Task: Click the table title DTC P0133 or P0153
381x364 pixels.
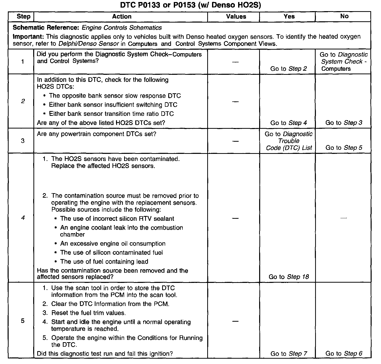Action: [x=190, y=5]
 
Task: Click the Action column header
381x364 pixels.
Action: [x=122, y=16]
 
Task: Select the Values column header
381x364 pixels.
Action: [x=236, y=16]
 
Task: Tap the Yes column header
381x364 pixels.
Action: [x=289, y=16]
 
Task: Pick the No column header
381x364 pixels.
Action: [x=344, y=16]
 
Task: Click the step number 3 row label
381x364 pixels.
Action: [x=23, y=141]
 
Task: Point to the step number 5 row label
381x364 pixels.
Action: [x=23, y=321]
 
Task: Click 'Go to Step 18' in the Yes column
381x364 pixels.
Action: [x=289, y=277]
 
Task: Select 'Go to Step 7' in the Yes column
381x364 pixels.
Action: [x=289, y=354]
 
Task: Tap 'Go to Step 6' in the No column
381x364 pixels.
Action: [x=344, y=354]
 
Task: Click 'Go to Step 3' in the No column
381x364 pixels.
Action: [x=344, y=123]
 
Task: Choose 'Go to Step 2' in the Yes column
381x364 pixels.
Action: [x=289, y=69]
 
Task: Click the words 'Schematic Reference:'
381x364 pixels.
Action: [x=46, y=28]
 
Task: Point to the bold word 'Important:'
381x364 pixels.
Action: [x=28, y=37]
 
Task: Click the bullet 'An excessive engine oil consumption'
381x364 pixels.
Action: [x=113, y=244]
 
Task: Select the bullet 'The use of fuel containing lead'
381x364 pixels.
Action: [x=104, y=262]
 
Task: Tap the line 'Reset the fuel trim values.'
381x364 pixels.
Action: [x=88, y=313]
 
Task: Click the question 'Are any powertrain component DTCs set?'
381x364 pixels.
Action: [x=97, y=134]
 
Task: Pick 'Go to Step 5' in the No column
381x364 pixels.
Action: [x=344, y=148]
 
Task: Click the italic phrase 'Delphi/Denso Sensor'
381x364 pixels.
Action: [x=88, y=44]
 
